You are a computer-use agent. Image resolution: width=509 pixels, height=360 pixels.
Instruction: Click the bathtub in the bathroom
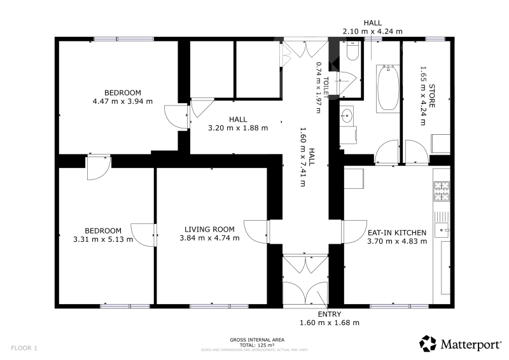[x=388, y=88]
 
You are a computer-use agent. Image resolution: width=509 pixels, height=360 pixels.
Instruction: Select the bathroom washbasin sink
[x=347, y=115]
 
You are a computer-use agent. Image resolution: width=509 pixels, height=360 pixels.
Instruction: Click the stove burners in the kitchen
[x=442, y=191]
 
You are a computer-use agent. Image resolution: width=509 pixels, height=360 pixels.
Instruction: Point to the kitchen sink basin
[x=442, y=230]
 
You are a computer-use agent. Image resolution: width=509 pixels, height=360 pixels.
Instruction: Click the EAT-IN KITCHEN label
[x=396, y=233]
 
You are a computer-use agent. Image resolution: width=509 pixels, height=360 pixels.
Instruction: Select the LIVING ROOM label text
[x=209, y=230]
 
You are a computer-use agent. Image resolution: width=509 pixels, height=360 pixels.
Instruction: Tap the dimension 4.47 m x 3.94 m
[x=123, y=101]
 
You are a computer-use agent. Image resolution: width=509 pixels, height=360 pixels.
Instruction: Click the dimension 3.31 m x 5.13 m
[x=103, y=240]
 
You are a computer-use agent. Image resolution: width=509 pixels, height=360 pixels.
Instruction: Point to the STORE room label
[x=432, y=96]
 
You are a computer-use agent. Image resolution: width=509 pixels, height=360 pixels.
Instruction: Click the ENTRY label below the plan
[x=329, y=314]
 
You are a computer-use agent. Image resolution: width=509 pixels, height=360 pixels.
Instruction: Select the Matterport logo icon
[x=428, y=343]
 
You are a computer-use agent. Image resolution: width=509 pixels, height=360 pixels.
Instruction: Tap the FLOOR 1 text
[x=24, y=348]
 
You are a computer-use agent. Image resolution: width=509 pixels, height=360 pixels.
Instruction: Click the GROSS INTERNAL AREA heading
[x=257, y=340]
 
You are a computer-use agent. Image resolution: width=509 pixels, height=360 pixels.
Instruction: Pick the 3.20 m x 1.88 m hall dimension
[x=238, y=128]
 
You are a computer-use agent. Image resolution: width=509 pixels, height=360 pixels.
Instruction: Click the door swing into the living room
[x=256, y=232]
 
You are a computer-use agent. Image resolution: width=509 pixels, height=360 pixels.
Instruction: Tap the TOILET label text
[x=326, y=87]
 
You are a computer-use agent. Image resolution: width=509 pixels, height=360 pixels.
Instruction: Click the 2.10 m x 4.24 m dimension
[x=372, y=32]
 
